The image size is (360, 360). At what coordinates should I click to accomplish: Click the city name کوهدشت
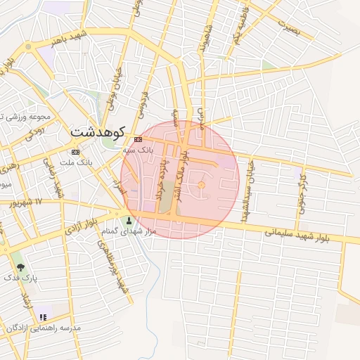pyautogui.click(x=98, y=131)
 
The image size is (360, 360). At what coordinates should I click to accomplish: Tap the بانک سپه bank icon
pyautogui.click(x=139, y=139)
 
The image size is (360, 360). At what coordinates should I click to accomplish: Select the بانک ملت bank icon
pyautogui.click(x=75, y=152)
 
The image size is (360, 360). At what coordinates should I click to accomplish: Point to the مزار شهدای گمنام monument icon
pyautogui.click(x=128, y=221)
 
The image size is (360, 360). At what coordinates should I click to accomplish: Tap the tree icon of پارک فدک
pyautogui.click(x=20, y=267)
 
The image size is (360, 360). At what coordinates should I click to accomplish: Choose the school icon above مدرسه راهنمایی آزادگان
pyautogui.click(x=44, y=318)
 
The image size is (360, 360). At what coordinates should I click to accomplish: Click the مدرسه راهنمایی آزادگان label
pyautogui.click(x=44, y=328)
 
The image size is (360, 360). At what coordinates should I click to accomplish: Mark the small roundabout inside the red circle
pyautogui.click(x=201, y=185)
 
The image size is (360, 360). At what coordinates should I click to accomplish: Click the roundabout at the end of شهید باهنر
pyautogui.click(x=28, y=46)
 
